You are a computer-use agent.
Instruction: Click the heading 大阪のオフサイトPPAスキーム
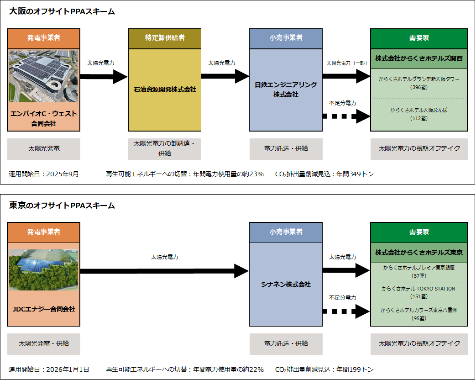click(62, 12)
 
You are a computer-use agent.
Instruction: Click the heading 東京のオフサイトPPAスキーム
click(62, 206)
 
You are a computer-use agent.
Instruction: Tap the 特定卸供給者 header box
click(165, 38)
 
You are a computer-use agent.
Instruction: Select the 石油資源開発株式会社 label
click(165, 90)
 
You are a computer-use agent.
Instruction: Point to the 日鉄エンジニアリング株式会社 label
click(286, 90)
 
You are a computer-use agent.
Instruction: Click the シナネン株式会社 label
click(286, 284)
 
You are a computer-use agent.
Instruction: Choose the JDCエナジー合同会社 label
click(44, 309)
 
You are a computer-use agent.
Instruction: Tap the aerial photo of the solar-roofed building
click(44, 76)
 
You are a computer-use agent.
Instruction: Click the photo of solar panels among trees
click(44, 270)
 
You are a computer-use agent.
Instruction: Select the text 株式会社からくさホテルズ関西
click(419, 58)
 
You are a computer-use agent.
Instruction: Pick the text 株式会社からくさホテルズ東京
click(419, 253)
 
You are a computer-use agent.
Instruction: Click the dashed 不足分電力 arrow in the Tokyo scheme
click(346, 311)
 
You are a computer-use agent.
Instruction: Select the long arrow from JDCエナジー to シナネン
click(164, 271)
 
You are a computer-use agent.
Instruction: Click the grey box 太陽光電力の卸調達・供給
click(165, 148)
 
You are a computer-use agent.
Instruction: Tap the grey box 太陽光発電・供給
click(44, 343)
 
